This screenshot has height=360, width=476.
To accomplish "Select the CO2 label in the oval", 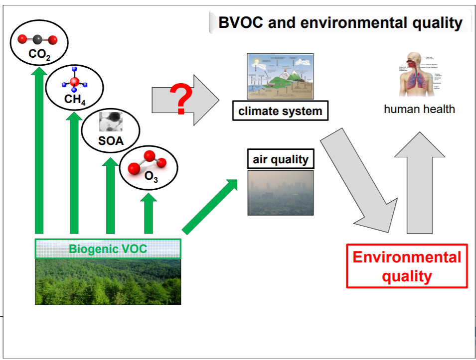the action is pos(39,55).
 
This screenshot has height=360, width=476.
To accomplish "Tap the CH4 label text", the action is pos(75,100).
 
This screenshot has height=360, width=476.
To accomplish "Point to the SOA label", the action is pos(110,140).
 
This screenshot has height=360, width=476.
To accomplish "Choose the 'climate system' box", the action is pos(280,111).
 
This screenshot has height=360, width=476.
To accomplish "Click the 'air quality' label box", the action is pos(281,160).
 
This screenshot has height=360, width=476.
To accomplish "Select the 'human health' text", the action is pos(419,109).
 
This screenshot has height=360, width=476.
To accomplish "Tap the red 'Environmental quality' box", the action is pos(407,266).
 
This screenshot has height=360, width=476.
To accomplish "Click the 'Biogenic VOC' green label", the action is pos(108,248).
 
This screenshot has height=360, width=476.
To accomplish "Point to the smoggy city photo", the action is pos(281,193).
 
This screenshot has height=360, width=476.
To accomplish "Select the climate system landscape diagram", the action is pos(280,76).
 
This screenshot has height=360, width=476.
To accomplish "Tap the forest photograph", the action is pos(108,281).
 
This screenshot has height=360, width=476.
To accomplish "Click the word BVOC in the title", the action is pos(239,23).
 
